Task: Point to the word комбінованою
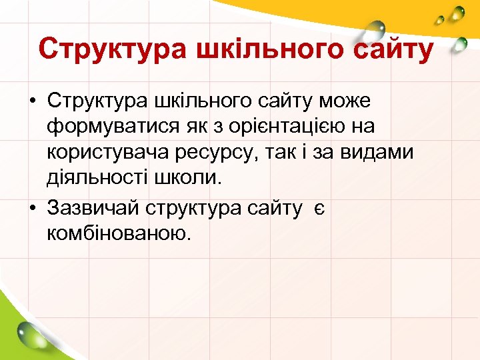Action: click(119, 234)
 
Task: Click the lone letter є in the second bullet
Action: click(319, 208)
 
